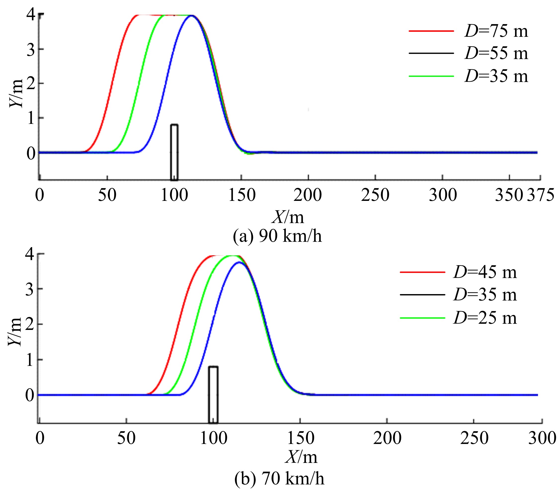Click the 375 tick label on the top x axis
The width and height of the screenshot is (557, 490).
(x=541, y=195)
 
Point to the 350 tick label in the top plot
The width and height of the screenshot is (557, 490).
(x=509, y=195)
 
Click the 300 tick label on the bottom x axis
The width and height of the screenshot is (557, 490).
(x=542, y=439)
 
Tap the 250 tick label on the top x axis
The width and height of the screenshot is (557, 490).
(x=375, y=195)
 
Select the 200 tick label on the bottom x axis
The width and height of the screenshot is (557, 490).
(x=387, y=439)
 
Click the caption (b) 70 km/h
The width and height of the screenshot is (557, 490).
(x=279, y=478)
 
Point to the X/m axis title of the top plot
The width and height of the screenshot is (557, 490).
(x=288, y=217)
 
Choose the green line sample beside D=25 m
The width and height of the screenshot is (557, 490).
(x=422, y=318)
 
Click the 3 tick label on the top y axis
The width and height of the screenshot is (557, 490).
(x=31, y=49)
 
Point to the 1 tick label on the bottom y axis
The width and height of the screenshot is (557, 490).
(x=30, y=360)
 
